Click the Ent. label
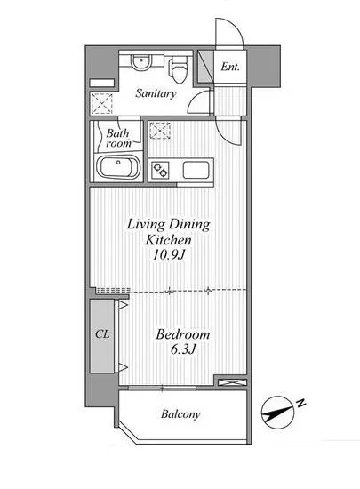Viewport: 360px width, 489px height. click(x=229, y=67)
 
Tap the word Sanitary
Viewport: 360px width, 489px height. click(x=156, y=92)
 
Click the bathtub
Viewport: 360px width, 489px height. click(x=117, y=168)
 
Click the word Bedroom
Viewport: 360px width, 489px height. click(x=182, y=334)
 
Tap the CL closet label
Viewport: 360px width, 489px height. click(x=101, y=335)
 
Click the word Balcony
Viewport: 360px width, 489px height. click(x=180, y=414)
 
